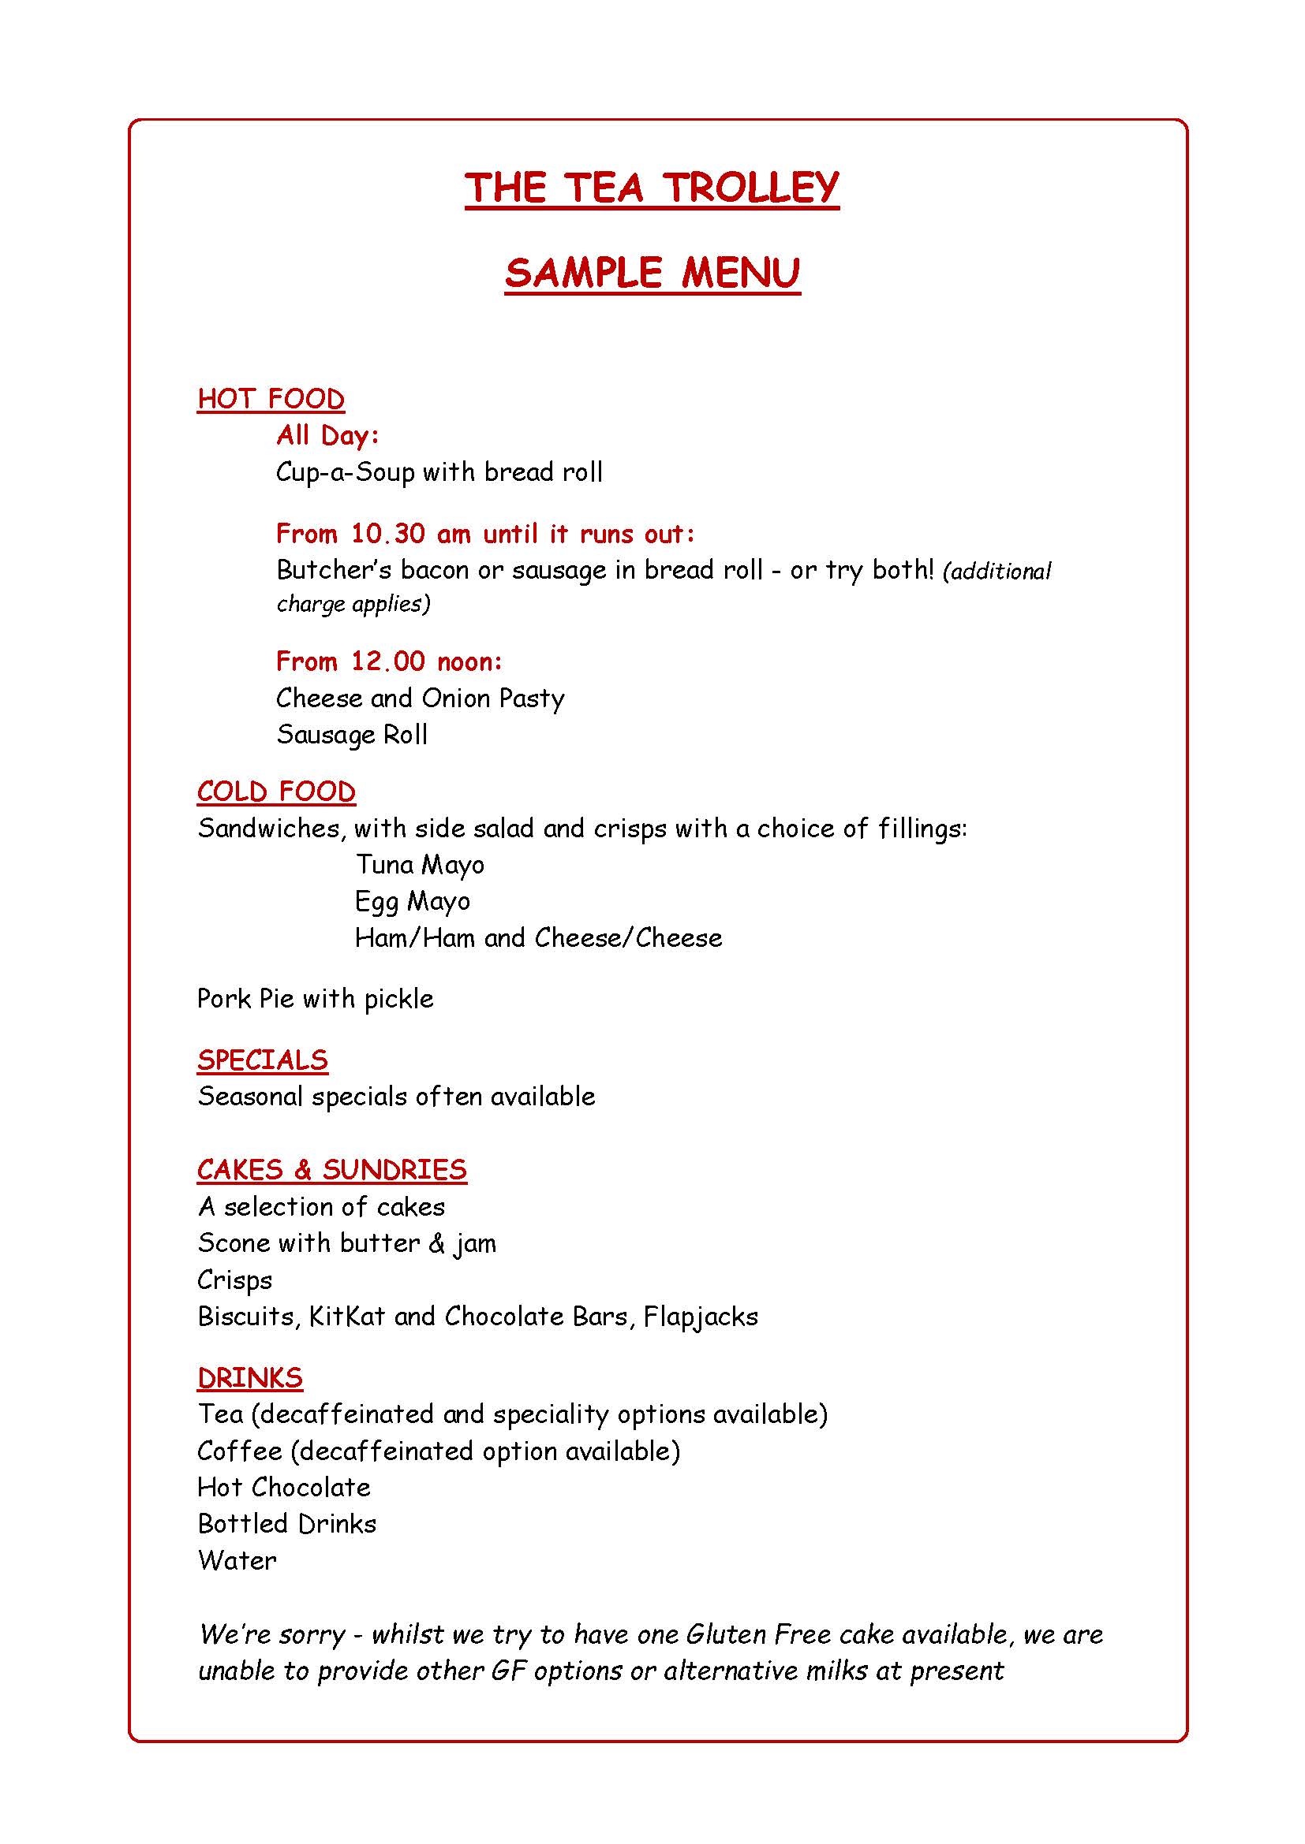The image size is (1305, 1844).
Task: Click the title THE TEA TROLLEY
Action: (x=652, y=187)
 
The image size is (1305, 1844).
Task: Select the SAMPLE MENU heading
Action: (x=652, y=273)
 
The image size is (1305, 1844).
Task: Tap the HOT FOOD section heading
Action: (x=271, y=399)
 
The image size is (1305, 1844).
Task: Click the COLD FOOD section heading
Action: (x=275, y=792)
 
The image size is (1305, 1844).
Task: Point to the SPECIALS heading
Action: (x=262, y=1060)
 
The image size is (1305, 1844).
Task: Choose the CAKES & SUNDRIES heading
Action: (x=331, y=1169)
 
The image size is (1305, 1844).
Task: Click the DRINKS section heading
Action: (x=250, y=1378)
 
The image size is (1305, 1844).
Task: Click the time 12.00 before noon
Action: (x=387, y=661)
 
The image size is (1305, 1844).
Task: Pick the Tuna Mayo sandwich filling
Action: (x=420, y=864)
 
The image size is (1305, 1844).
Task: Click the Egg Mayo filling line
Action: (x=412, y=901)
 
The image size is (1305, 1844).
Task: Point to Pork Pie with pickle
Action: (x=315, y=998)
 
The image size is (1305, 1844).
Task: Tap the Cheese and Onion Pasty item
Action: (x=420, y=698)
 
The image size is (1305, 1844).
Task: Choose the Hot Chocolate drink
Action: (x=284, y=1488)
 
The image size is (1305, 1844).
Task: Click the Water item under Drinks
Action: (x=237, y=1560)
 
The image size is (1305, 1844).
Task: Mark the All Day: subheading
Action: (x=327, y=435)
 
